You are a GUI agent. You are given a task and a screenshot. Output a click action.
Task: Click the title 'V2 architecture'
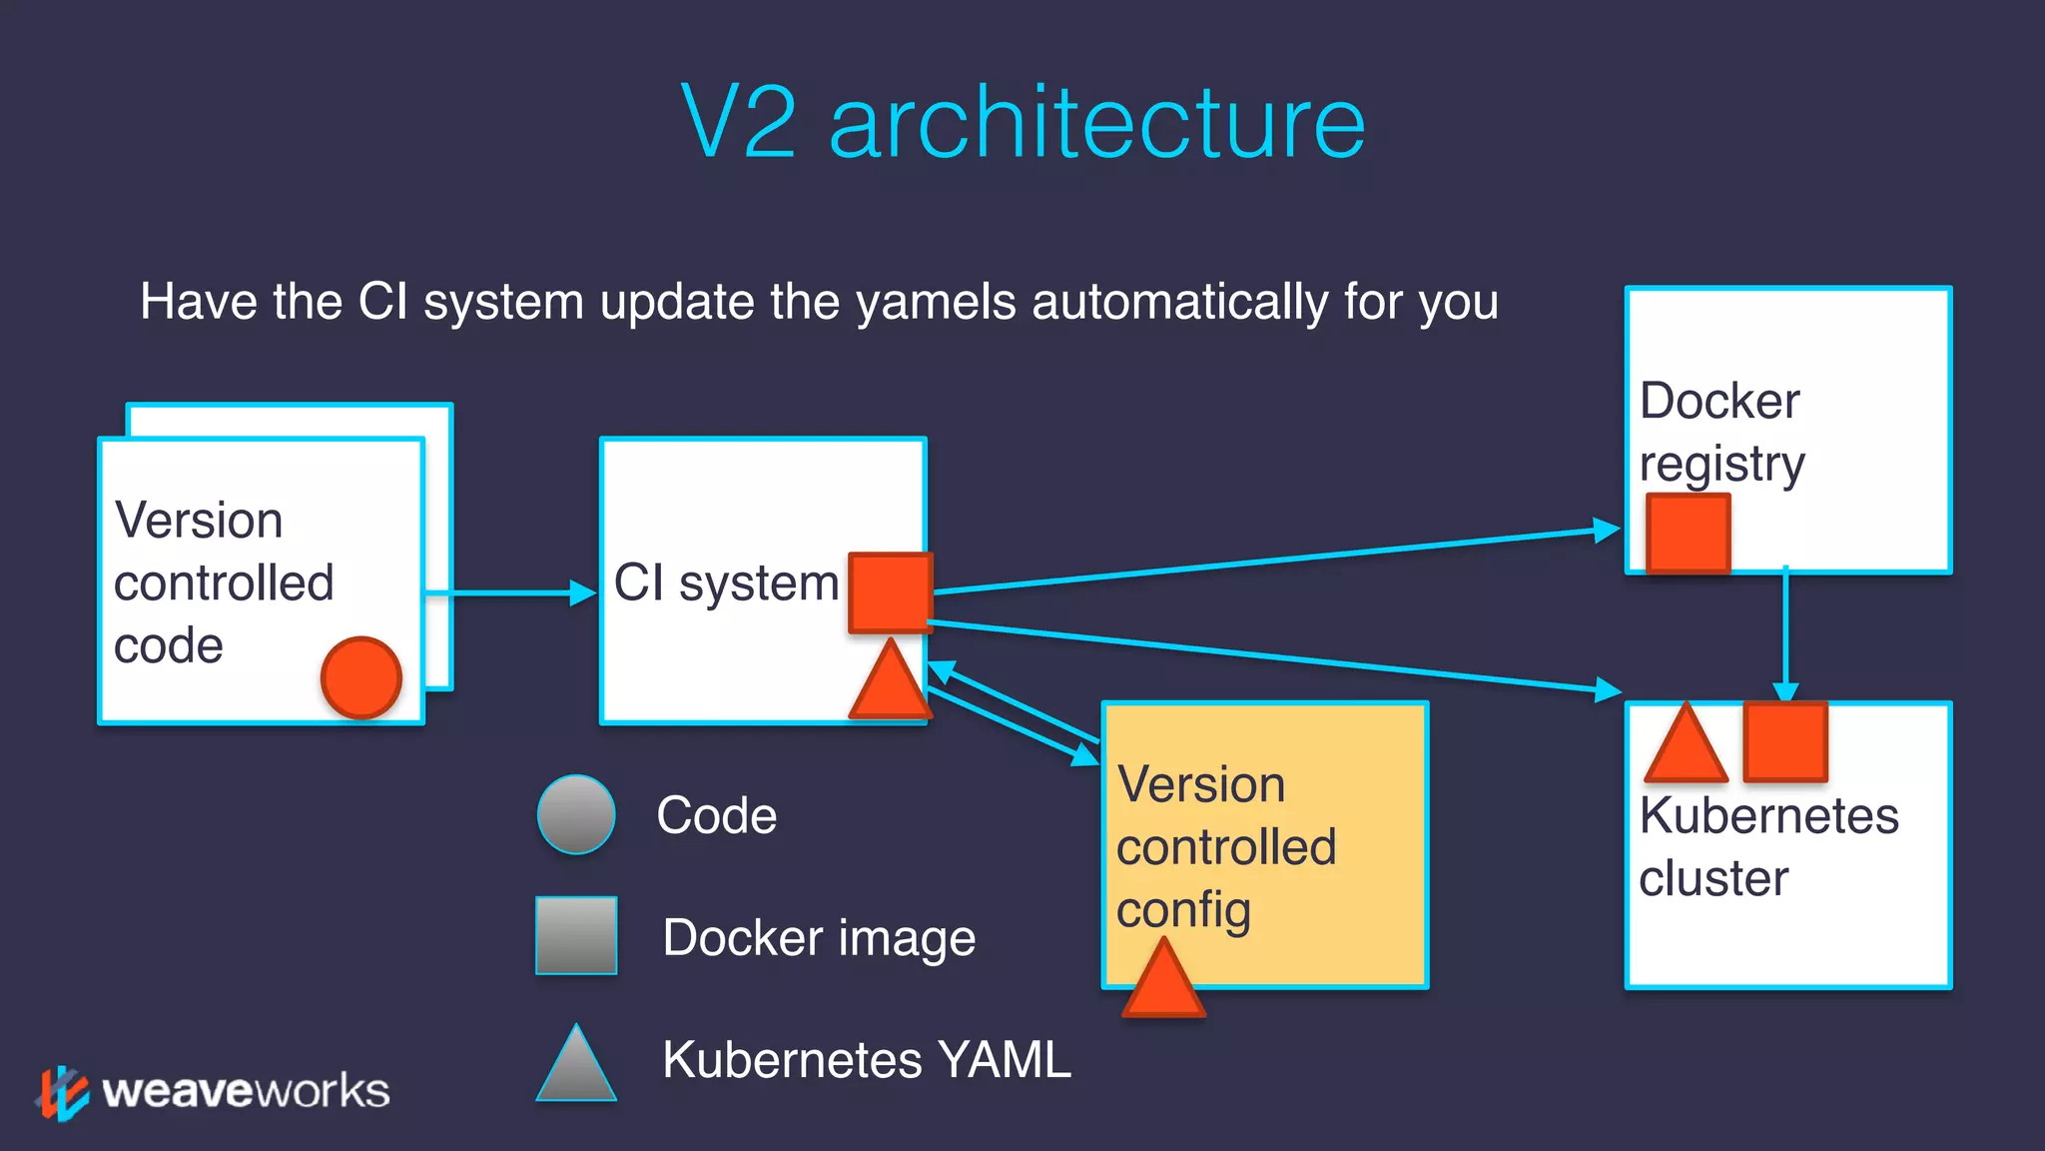[1022, 122]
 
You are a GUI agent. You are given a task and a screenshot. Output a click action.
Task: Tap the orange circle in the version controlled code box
[361, 677]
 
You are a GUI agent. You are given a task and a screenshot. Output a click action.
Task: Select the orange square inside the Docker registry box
[1688, 533]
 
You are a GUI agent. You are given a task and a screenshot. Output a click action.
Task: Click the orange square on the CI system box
[890, 591]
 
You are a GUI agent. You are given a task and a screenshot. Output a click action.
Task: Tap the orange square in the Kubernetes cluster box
[1785, 741]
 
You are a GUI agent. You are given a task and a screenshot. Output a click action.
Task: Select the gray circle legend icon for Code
[576, 814]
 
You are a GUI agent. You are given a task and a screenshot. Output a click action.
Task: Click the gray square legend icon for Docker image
[576, 935]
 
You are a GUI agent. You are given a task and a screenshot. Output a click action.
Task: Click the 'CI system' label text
[726, 582]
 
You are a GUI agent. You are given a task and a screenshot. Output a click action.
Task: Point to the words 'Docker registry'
[1721, 432]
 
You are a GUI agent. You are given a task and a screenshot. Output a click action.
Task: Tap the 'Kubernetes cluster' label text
[1767, 846]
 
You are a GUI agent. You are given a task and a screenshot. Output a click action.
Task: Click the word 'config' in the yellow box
[1183, 910]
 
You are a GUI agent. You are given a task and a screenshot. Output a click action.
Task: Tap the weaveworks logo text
[246, 1091]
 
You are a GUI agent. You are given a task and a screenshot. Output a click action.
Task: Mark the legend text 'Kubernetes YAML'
[867, 1059]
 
